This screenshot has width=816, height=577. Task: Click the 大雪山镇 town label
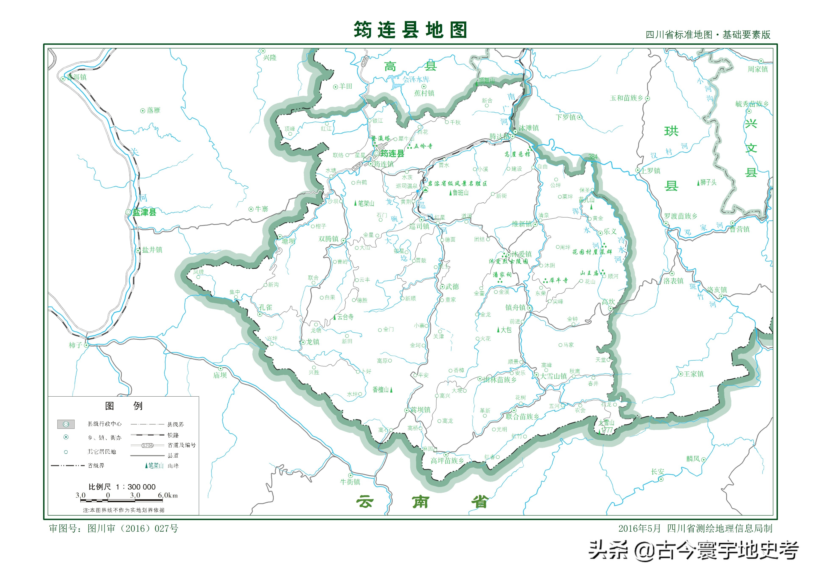pyautogui.click(x=553, y=376)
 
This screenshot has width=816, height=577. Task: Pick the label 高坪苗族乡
pyautogui.click(x=447, y=461)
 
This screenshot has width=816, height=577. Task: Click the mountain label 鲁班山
pyautogui.click(x=460, y=193)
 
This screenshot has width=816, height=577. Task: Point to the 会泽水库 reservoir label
pyautogui.click(x=416, y=79)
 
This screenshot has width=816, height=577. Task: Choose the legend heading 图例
pyautogui.click(x=123, y=406)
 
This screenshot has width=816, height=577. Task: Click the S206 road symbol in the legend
pyautogui.click(x=147, y=445)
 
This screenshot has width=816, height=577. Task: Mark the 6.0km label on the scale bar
pyautogui.click(x=168, y=495)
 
